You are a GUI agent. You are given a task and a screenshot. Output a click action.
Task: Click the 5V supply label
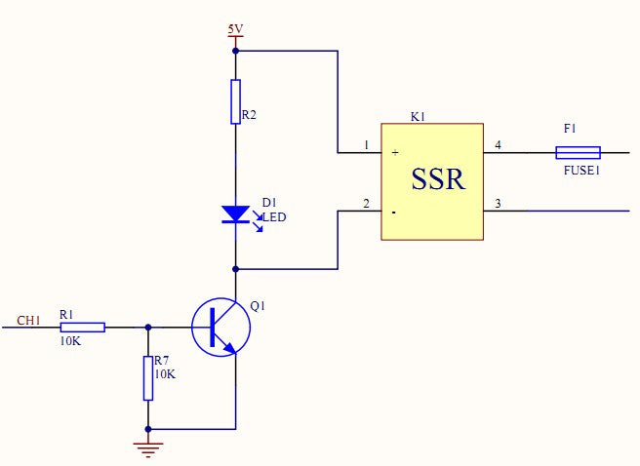click(x=235, y=29)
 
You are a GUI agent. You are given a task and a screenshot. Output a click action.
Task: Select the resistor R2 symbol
click(x=235, y=101)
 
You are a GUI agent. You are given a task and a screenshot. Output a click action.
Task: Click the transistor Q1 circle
click(x=221, y=327)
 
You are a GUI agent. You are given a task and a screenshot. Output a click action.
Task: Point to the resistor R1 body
click(x=82, y=327)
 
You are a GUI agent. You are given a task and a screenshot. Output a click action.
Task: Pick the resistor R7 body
click(x=148, y=378)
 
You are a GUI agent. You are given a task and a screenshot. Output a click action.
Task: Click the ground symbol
click(x=148, y=449)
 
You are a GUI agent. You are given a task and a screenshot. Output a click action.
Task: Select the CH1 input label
click(x=29, y=320)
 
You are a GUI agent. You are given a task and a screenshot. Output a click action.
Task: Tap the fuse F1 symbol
click(x=578, y=153)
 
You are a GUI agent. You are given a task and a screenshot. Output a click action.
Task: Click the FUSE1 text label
click(x=582, y=170)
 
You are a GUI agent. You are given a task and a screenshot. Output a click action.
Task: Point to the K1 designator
click(x=418, y=117)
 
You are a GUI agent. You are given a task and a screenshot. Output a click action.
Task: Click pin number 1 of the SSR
click(x=366, y=146)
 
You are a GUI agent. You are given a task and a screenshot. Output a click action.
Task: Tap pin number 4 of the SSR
click(x=498, y=146)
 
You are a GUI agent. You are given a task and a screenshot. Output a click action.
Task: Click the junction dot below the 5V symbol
click(x=235, y=50)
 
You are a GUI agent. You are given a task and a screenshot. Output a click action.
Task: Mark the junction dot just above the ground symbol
click(x=148, y=428)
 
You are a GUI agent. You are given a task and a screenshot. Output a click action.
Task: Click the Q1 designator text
click(x=258, y=305)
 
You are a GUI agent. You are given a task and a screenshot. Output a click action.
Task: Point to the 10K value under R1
click(x=69, y=341)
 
